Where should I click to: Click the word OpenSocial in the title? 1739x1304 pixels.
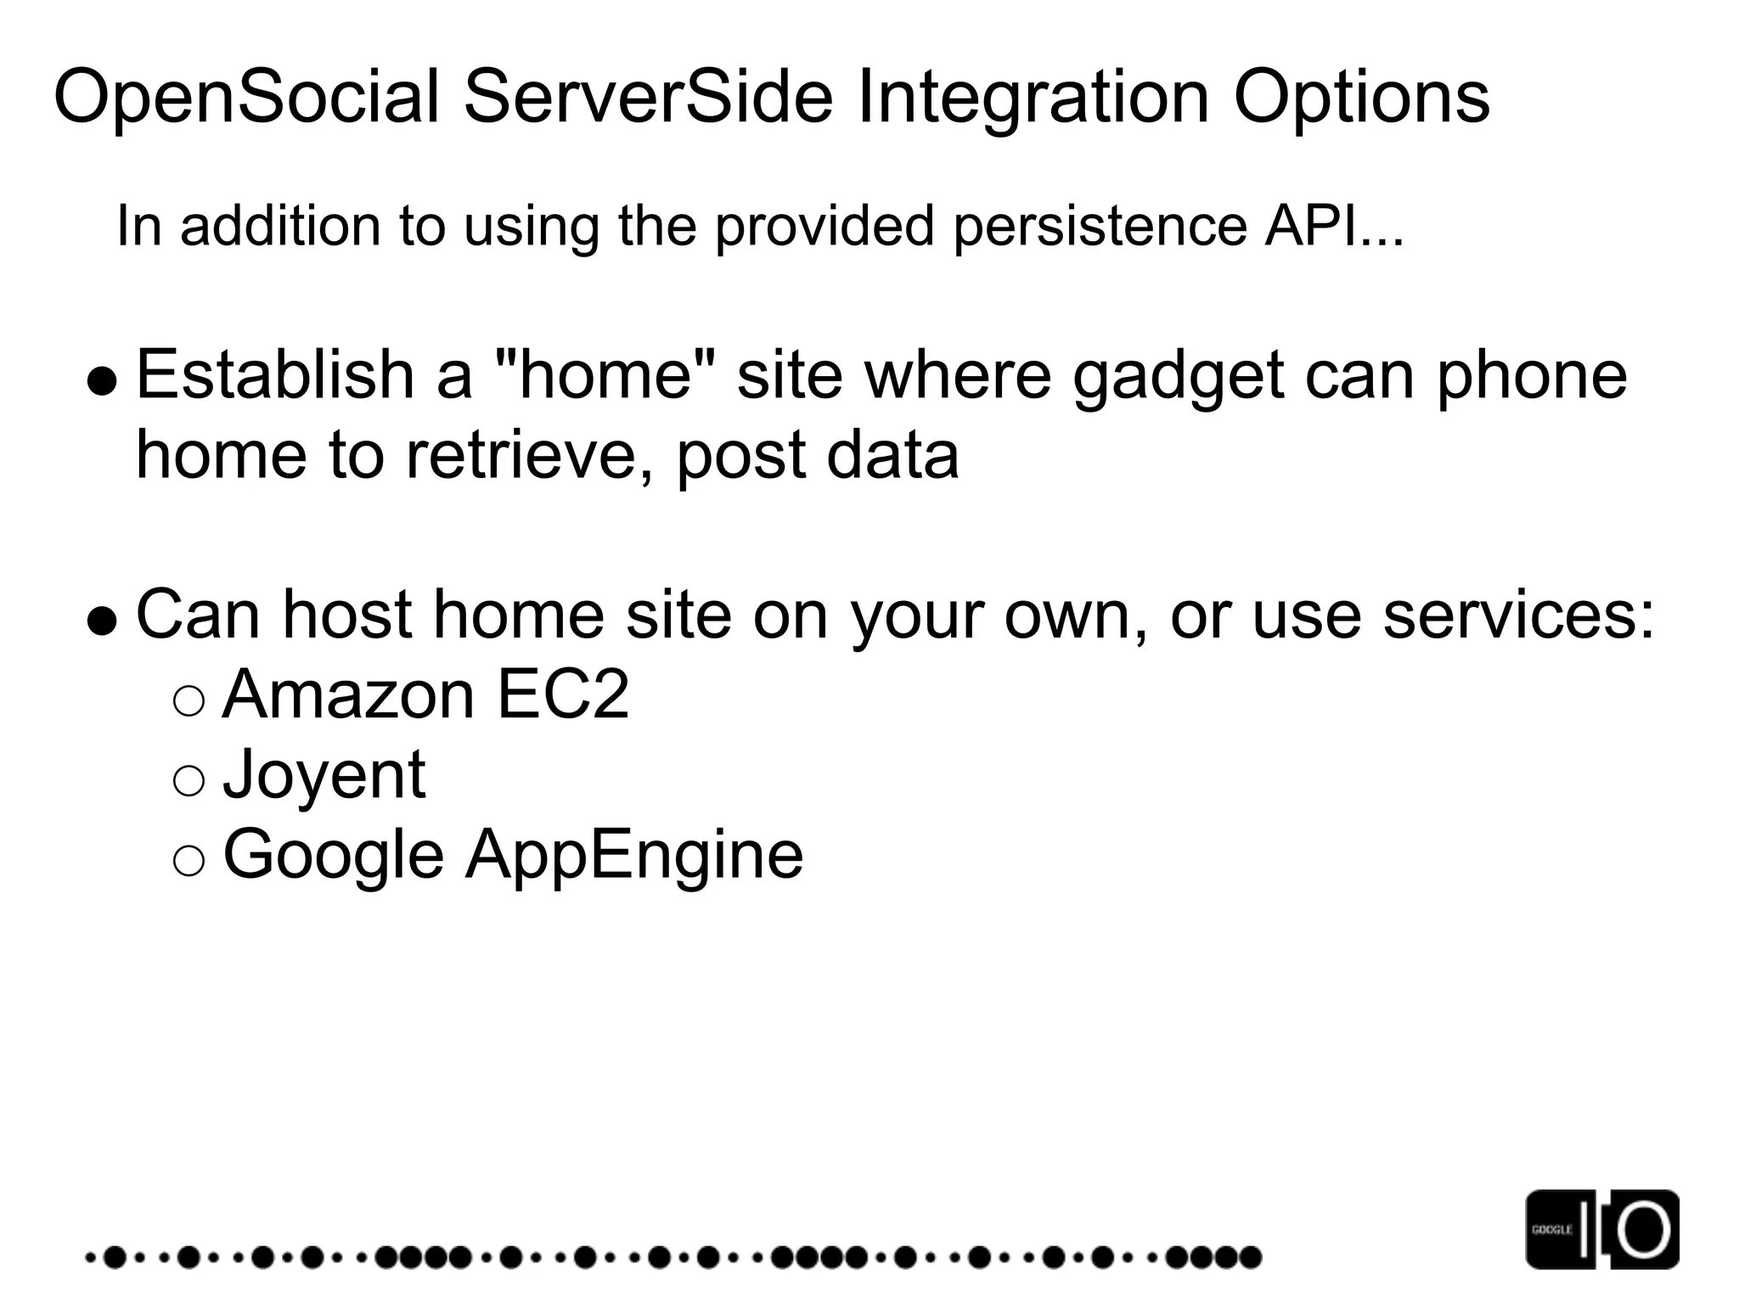[x=247, y=98]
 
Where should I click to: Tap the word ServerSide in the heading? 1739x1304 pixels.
[x=649, y=98]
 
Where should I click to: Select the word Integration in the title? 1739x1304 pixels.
[x=1033, y=98]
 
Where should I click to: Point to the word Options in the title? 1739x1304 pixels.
[x=1361, y=98]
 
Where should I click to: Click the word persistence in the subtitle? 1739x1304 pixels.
[x=1100, y=227]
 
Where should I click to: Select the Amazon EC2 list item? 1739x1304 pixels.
[x=425, y=694]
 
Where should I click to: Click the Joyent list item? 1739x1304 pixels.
[x=324, y=775]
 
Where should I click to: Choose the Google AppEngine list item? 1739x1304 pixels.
[x=513, y=855]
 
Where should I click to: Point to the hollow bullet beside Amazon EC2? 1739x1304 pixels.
[x=189, y=701]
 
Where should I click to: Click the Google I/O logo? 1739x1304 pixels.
[x=1601, y=1228]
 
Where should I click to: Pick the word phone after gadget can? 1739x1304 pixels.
[x=1532, y=376]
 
